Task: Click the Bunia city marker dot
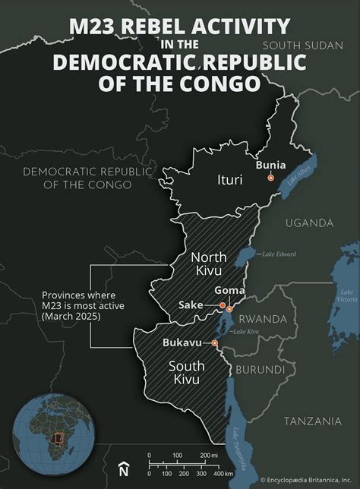click(x=270, y=178)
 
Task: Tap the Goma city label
click(x=229, y=289)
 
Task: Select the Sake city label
click(x=191, y=304)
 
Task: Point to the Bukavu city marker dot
click(x=215, y=343)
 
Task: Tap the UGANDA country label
click(x=309, y=222)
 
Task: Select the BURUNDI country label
click(x=261, y=370)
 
